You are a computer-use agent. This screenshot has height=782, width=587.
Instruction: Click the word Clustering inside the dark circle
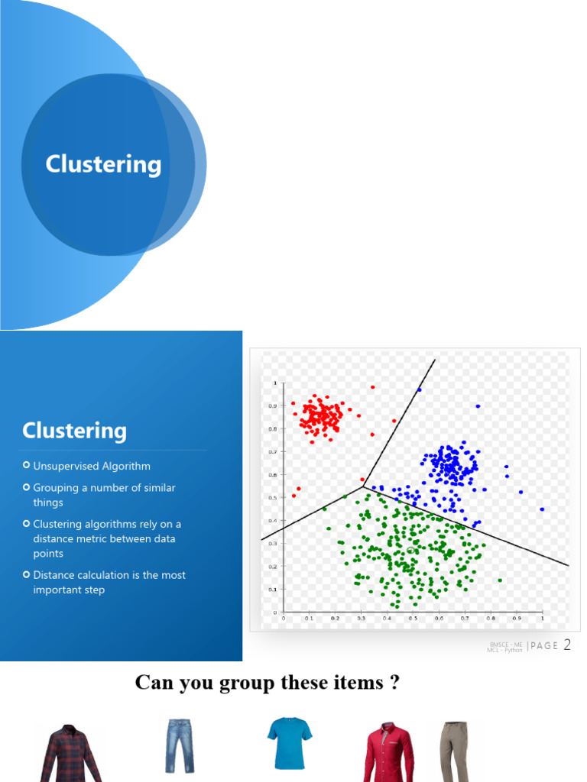103,164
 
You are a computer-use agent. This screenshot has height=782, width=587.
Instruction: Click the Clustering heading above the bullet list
74,431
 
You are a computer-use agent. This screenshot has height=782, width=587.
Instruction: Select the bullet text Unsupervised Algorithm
92,466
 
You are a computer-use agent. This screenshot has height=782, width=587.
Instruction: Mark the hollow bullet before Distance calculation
27,575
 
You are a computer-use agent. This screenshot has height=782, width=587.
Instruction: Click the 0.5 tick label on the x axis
413,619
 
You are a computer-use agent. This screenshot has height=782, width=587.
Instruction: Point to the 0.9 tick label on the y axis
273,406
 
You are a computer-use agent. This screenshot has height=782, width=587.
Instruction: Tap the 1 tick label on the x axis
542,619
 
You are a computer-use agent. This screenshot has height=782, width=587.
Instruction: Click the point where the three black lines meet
362,484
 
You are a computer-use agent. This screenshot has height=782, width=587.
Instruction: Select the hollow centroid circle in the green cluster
411,550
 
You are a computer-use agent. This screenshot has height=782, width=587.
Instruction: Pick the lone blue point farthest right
542,509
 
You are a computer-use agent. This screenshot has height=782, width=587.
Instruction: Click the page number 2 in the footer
567,645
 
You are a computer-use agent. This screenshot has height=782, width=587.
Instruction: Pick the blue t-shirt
290,742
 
